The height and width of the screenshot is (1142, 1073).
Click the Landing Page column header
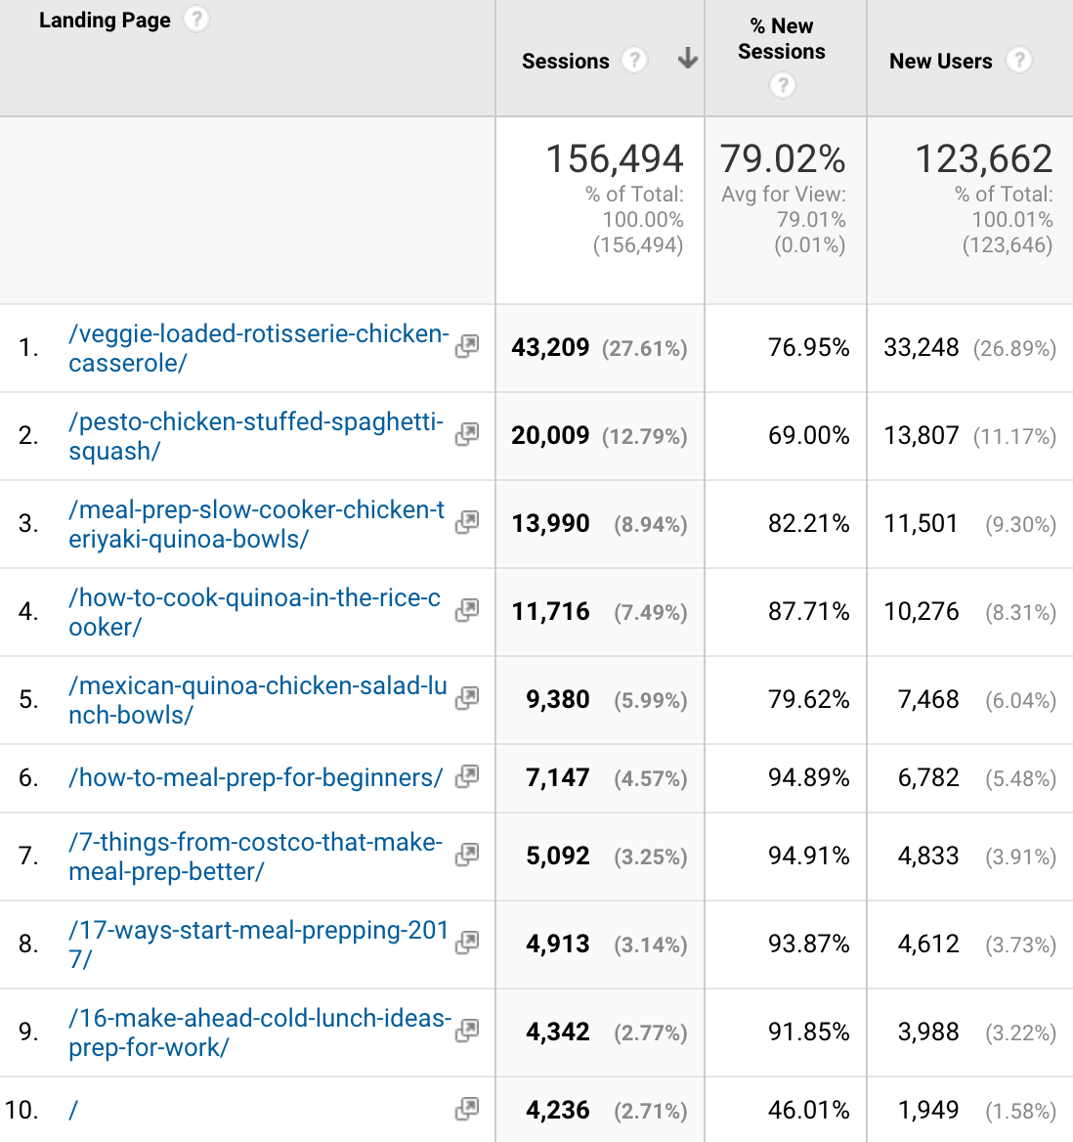coord(105,21)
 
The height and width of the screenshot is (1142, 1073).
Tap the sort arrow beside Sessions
coord(688,59)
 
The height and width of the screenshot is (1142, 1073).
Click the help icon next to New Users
coord(1019,61)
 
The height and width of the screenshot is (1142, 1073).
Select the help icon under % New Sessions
coord(782,86)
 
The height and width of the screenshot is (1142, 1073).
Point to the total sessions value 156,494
coord(615,159)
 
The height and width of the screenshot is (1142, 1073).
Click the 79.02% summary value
coord(783,159)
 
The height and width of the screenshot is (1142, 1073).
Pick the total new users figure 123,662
coord(983,159)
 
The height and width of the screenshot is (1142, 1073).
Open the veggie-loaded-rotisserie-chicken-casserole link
coord(258,348)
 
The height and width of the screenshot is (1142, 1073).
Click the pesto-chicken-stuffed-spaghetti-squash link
coord(255,436)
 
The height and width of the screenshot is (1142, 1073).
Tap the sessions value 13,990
coord(551,524)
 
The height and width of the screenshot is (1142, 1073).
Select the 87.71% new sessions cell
coord(808,612)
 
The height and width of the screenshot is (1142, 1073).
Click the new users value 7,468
coord(928,700)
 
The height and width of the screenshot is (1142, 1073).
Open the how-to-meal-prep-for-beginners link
coord(255,778)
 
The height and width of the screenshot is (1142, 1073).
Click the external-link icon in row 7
coord(467,855)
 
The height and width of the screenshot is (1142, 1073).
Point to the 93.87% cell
coord(808,944)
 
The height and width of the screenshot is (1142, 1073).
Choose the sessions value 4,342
coord(558,1032)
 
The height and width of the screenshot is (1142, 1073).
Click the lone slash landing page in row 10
coord(73,1111)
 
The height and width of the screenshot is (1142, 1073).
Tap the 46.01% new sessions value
coord(808,1111)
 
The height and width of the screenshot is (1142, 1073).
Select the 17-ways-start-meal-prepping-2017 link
coord(258,944)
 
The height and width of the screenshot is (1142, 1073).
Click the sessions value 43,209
coord(550,348)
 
